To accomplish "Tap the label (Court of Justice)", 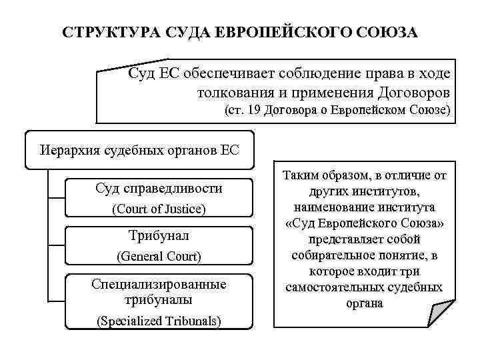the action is (159, 209).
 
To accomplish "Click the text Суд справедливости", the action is (159, 189).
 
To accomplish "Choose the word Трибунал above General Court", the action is (159, 235).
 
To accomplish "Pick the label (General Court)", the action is (159, 255).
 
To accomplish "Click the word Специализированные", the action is (159, 284).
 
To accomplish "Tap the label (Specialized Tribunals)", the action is (159, 321).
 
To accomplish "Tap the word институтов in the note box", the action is (389, 192).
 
